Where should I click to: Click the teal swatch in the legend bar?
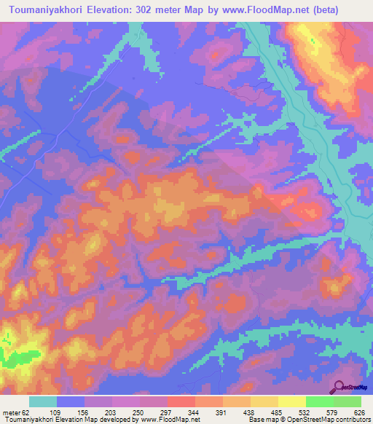(x=43, y=401)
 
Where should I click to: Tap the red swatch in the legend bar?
(x=181, y=401)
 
